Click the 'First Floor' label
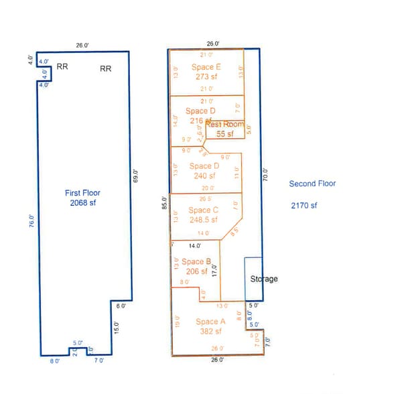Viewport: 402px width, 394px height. [x=83, y=192]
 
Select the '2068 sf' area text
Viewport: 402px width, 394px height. [x=83, y=202]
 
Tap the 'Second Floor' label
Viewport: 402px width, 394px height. [x=312, y=184]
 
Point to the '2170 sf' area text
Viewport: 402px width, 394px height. [x=304, y=205]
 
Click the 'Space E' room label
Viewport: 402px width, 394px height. [x=206, y=67]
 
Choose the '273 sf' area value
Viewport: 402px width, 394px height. [x=206, y=77]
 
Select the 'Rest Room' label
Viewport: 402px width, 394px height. [x=224, y=125]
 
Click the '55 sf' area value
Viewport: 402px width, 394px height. [x=224, y=134]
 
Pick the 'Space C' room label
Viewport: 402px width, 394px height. [x=204, y=209]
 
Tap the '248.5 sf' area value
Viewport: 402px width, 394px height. [x=204, y=219]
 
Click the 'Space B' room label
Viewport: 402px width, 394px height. [x=197, y=262]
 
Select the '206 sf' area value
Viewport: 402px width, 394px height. [x=197, y=271]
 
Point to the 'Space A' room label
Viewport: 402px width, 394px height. [x=211, y=322]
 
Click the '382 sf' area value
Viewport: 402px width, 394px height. [x=211, y=332]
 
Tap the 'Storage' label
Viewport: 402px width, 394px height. [x=263, y=279]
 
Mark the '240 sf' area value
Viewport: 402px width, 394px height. [x=204, y=176]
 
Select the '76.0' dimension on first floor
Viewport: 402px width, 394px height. [x=30, y=221]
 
